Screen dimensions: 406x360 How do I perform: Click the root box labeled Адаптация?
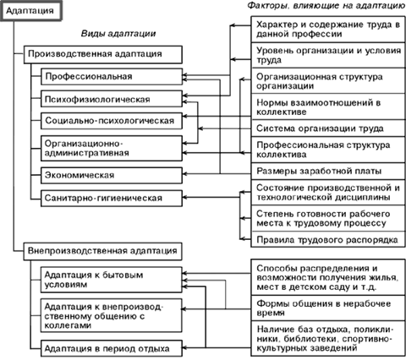click(30, 11)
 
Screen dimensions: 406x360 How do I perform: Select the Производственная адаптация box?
click(103, 54)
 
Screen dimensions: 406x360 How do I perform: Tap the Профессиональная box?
click(112, 76)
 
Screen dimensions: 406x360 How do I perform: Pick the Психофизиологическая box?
click(112, 99)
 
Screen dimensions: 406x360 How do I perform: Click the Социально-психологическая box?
click(112, 121)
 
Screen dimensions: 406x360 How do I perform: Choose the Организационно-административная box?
click(112, 149)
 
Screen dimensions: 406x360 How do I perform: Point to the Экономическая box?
click(112, 176)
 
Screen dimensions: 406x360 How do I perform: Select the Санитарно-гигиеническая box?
click(112, 199)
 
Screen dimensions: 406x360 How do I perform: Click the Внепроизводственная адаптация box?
click(103, 251)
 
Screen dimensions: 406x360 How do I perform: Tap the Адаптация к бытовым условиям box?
click(112, 280)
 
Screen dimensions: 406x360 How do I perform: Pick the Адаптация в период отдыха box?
click(112, 349)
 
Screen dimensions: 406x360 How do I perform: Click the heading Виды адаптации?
click(118, 34)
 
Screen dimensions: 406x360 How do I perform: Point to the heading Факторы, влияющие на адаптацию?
click(326, 6)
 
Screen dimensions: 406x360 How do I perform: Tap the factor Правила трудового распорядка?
click(328, 240)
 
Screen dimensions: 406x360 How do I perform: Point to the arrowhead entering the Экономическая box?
click(185, 174)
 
